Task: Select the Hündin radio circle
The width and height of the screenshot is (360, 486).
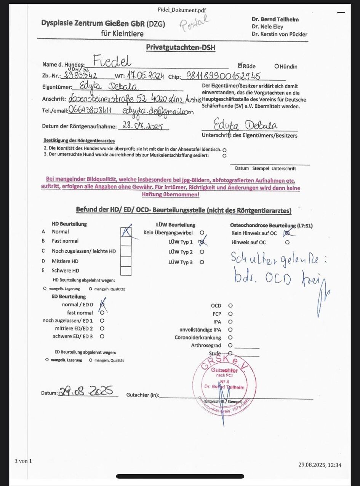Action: click(277, 66)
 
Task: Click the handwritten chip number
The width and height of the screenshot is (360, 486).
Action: click(223, 76)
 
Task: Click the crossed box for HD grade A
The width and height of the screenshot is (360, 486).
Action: click(126, 232)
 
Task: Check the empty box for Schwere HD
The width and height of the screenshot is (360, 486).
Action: click(126, 271)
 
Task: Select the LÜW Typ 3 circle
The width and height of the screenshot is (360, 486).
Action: click(202, 262)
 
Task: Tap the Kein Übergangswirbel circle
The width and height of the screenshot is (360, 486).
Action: click(202, 232)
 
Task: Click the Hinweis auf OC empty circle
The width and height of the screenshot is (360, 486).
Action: click(287, 242)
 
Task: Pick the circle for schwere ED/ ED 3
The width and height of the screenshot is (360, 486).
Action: click(102, 336)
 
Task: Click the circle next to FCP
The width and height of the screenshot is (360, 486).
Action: click(230, 314)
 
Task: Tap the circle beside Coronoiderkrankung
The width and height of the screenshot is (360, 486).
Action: click(230, 337)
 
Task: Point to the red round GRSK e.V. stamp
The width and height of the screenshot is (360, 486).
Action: click(224, 384)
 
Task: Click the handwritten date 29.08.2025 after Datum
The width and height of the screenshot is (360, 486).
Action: click(86, 391)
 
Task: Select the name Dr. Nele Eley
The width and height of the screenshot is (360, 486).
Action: click(267, 27)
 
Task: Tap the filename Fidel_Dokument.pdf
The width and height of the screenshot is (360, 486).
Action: click(182, 10)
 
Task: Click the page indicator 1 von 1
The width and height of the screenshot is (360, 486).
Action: click(23, 461)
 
